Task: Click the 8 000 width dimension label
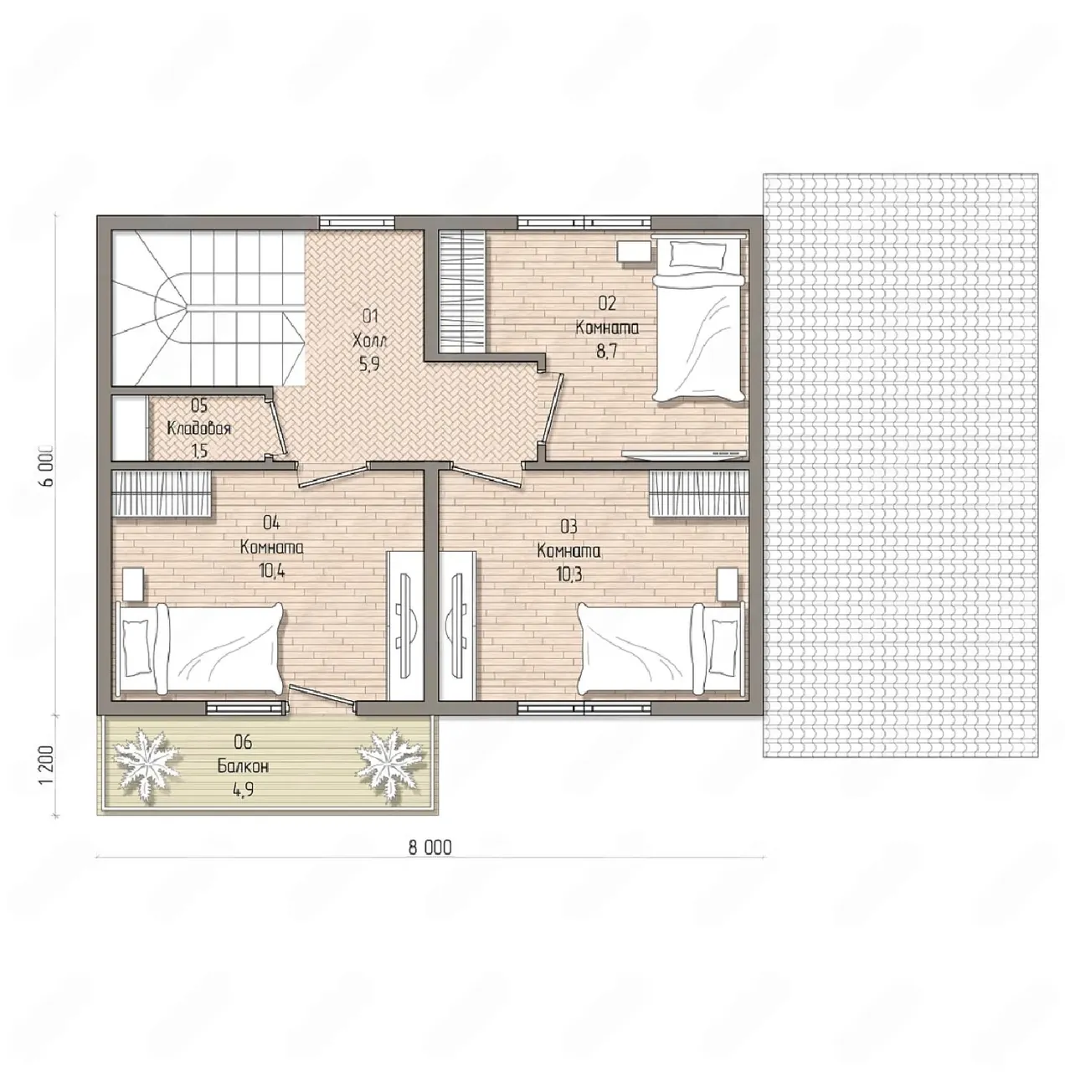pyautogui.click(x=430, y=848)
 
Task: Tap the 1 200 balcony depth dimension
pyautogui.click(x=47, y=765)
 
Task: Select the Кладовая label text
pyautogui.click(x=198, y=428)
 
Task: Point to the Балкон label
pyautogui.click(x=243, y=766)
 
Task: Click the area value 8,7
pyautogui.click(x=607, y=352)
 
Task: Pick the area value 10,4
pyautogui.click(x=271, y=571)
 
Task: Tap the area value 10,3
pyautogui.click(x=569, y=575)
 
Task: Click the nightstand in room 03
pyautogui.click(x=727, y=584)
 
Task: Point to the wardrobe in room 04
pyautogui.click(x=162, y=494)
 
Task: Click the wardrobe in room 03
pyautogui.click(x=699, y=494)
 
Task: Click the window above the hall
pyautogui.click(x=358, y=222)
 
